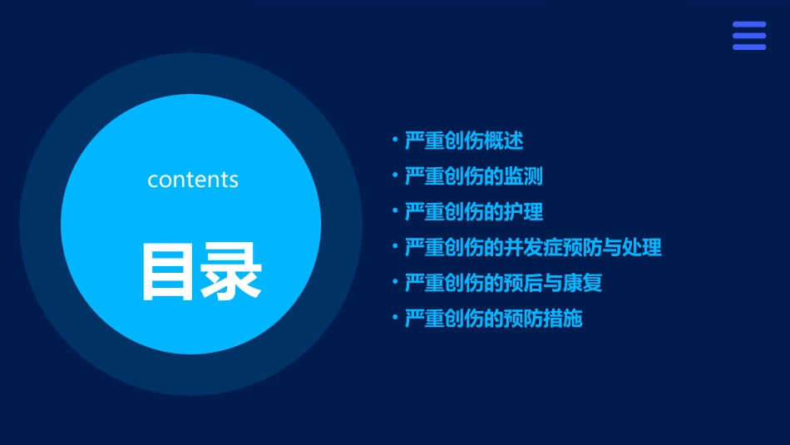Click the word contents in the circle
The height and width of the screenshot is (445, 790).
193,180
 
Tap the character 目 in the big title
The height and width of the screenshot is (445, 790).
170,271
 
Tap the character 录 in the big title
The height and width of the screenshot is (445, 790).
231,271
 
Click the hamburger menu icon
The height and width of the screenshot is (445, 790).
748,36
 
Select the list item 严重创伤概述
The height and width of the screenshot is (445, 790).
464,141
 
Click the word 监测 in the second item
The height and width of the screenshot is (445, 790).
523,176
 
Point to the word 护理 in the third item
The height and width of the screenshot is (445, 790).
523,212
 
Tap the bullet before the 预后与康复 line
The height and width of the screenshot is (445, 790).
395,282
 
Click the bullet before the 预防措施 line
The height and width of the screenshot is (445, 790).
395,318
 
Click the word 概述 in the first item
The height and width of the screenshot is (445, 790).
503,141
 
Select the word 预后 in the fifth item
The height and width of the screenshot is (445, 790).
523,284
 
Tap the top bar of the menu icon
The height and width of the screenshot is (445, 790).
748,25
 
